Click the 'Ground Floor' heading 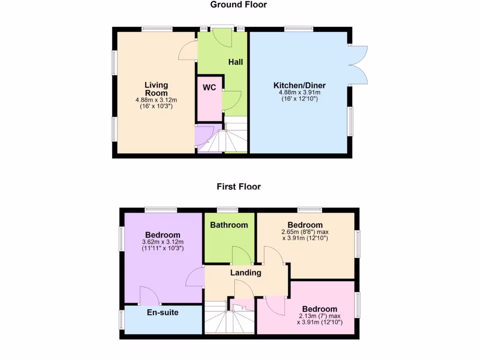coord(238,5)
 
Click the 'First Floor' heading coord(238,187)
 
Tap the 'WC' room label coord(209,88)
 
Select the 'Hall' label coord(235,62)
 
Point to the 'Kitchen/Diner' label coord(299,85)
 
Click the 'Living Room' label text coord(156,89)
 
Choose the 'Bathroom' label coord(229,225)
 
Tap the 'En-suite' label coord(163,312)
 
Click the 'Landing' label coord(245,272)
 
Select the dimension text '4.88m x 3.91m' coord(299,92)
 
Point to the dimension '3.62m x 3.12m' coord(163,242)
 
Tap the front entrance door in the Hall coord(222,37)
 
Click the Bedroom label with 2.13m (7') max coord(320,309)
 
